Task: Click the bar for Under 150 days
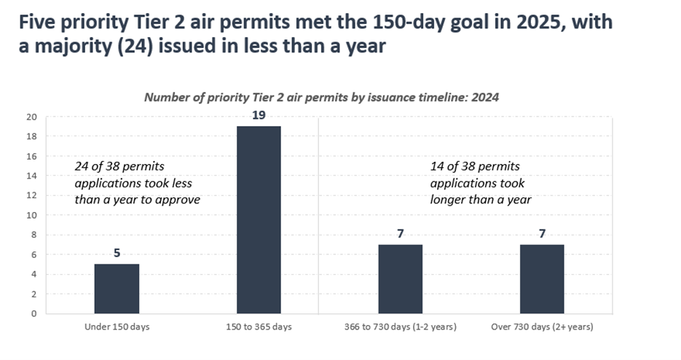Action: click(117, 289)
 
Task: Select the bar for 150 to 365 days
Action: click(259, 219)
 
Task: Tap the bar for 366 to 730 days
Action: click(400, 279)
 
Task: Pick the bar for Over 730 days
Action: click(542, 279)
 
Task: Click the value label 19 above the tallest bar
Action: click(259, 115)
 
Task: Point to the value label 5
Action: click(117, 254)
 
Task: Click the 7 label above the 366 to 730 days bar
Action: click(400, 234)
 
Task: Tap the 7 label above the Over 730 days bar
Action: click(542, 234)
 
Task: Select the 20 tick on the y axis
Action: click(31, 117)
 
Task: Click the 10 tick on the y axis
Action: click(31, 215)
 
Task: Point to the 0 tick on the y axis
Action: click(34, 314)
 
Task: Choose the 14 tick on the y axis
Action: click(31, 176)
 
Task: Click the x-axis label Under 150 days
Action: click(117, 327)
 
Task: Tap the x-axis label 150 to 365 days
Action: click(259, 327)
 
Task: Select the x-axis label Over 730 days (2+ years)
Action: click(542, 327)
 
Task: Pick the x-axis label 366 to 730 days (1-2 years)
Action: click(400, 327)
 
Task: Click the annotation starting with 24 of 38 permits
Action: click(137, 183)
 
